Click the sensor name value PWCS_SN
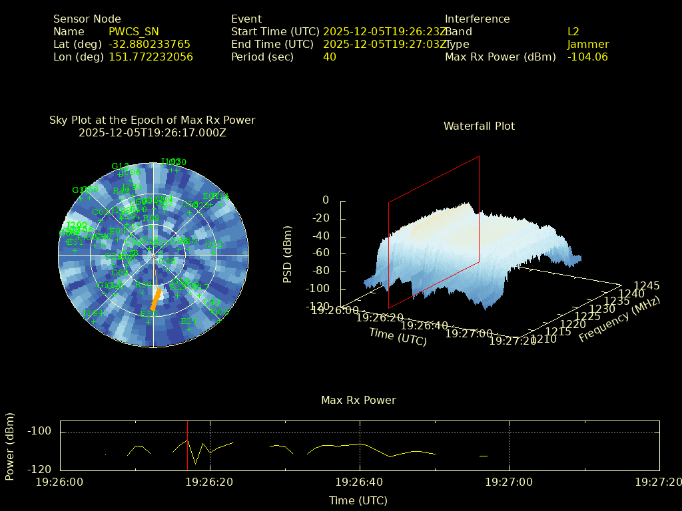tap(134, 32)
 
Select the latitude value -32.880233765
tap(149, 45)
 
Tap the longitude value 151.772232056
tap(151, 57)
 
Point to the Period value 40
tap(330, 57)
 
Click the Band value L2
tap(573, 32)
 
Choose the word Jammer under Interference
tap(588, 45)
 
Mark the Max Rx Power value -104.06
tap(587, 57)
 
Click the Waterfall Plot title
tap(479, 126)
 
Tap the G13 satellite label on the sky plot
tap(120, 166)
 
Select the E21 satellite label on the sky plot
tap(188, 321)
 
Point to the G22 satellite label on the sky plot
tap(214, 245)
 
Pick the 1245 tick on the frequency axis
tap(647, 286)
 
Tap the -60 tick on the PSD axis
tap(321, 254)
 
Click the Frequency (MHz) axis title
tap(619, 320)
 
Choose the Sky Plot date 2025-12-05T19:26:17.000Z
tap(153, 132)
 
